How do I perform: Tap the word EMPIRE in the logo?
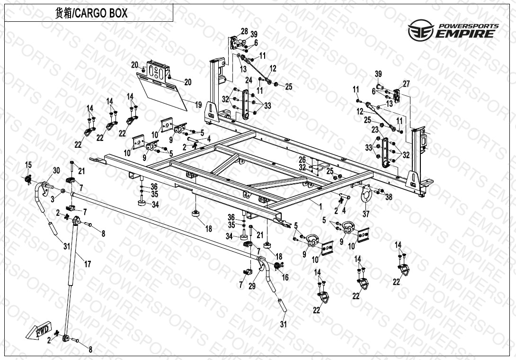pos(467,34)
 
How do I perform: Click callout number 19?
pos(198,105)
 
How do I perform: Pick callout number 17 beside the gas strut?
pos(87,263)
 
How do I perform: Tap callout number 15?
pos(28,165)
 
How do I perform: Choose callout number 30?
pos(56,171)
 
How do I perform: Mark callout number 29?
pos(252,287)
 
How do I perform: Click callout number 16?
pos(285,278)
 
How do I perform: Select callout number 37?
pos(365,214)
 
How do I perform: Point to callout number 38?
pos(389,197)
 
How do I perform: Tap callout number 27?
pos(406,84)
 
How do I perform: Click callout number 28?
pos(244,31)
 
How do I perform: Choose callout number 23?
pos(374,129)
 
